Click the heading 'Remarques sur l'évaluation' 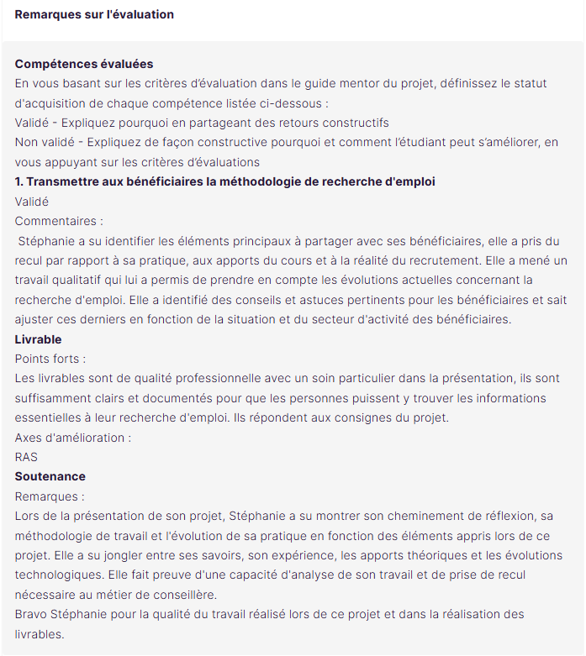pyautogui.click(x=94, y=14)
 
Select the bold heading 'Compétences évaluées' pyautogui.click(x=84, y=64)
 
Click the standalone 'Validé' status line pyautogui.click(x=32, y=201)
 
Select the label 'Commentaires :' pyautogui.click(x=59, y=221)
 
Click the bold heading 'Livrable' pyautogui.click(x=39, y=338)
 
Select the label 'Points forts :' pyautogui.click(x=50, y=359)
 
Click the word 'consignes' pyautogui.click(x=383, y=417)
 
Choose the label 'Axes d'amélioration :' pyautogui.click(x=73, y=438)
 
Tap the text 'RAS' pyautogui.click(x=26, y=457)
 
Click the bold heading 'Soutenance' pyautogui.click(x=50, y=476)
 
